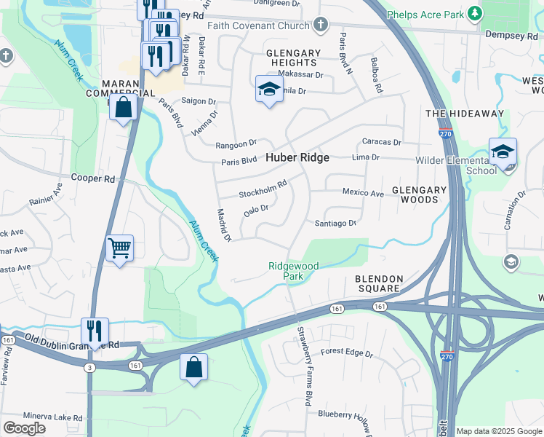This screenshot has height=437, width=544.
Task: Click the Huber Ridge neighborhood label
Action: pos(297,157)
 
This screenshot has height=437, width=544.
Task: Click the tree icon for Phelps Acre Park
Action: pos(476,13)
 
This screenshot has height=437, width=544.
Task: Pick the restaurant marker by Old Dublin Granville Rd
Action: pos(95,331)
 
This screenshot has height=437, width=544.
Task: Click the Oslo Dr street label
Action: pos(256,210)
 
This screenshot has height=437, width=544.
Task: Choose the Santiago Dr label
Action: pos(335,224)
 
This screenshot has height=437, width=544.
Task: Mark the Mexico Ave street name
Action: pos(363,194)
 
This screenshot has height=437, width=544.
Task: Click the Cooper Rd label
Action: pos(93,178)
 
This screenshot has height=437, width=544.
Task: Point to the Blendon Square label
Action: pos(377,284)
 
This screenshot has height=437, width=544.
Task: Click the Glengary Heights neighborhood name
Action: pos(293,58)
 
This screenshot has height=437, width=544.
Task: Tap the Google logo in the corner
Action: pos(24,428)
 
